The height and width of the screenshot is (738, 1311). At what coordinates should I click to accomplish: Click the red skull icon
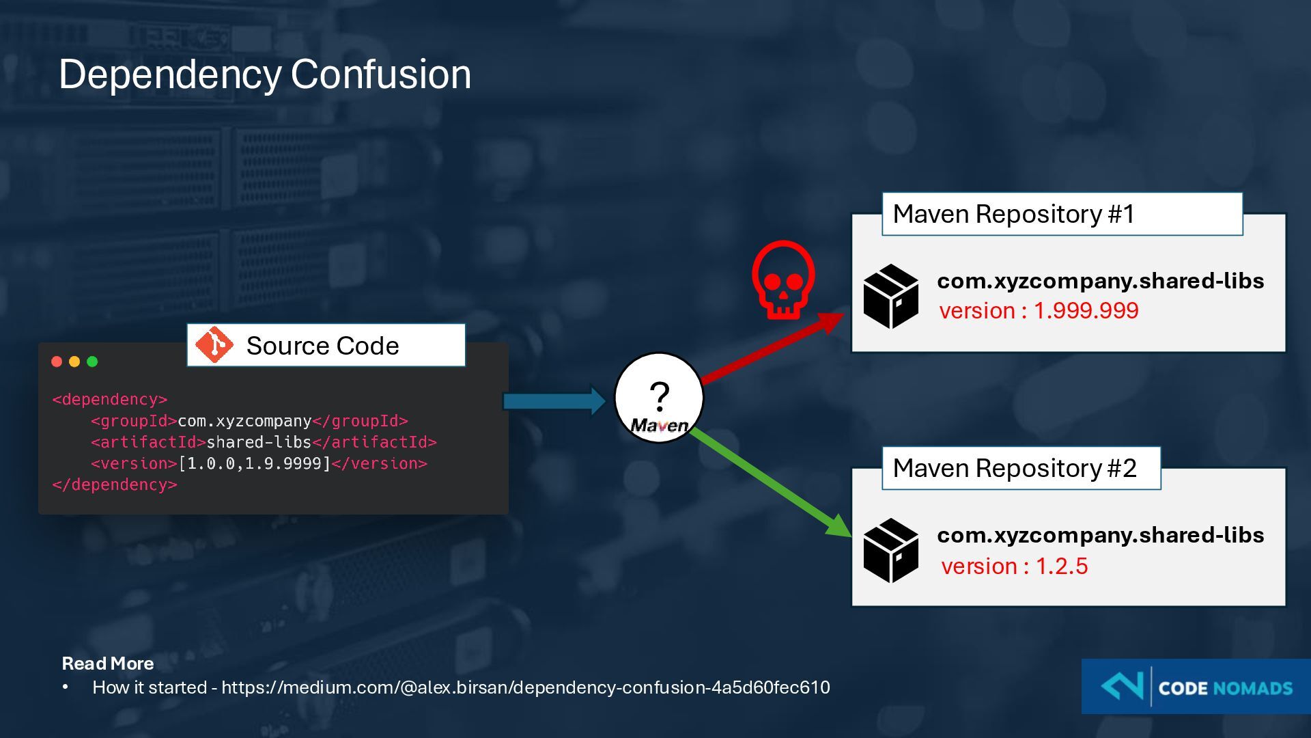point(783,279)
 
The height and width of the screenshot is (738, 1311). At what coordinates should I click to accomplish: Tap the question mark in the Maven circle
point(659,396)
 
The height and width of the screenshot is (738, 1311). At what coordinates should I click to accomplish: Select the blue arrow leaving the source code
point(554,400)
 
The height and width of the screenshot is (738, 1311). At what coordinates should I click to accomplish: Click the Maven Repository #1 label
point(1013,215)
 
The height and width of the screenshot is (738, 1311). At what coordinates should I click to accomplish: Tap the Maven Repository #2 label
point(1015,469)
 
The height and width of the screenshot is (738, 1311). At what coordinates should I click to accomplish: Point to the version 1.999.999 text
point(1039,311)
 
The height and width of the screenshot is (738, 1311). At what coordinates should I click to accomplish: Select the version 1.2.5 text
point(1014,566)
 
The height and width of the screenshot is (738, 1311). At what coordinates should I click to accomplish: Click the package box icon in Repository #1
point(890,297)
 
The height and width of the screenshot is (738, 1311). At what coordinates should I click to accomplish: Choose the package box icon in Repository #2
point(890,551)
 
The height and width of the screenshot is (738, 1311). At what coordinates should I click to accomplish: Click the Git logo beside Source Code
point(214,345)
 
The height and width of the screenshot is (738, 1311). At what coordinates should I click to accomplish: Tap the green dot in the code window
point(92,361)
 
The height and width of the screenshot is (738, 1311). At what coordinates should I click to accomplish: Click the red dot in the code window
point(57,361)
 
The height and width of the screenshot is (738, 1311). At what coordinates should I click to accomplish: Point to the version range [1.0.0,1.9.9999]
point(254,464)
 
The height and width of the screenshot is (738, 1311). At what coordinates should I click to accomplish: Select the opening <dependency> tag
point(110,400)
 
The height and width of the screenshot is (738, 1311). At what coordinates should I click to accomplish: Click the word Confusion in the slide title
point(381,74)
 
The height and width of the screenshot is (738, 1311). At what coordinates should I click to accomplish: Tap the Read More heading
point(108,664)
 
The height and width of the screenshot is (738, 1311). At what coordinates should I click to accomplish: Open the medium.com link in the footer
point(525,687)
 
